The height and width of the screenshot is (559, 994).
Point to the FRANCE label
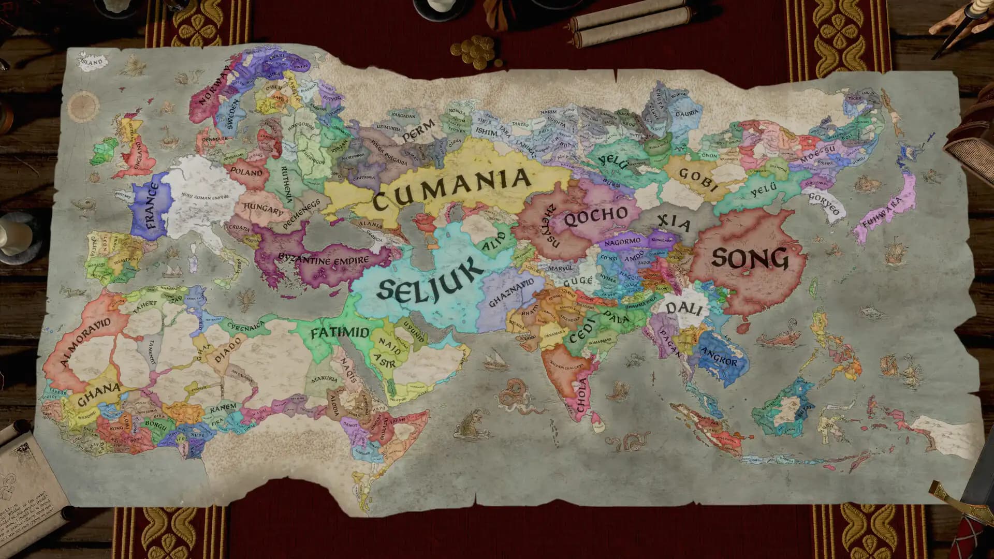pyautogui.click(x=151, y=206)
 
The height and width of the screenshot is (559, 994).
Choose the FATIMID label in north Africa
pyautogui.click(x=340, y=333)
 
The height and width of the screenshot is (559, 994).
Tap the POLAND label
pyautogui.click(x=246, y=171)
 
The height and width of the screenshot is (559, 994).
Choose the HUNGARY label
pyautogui.click(x=264, y=209)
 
